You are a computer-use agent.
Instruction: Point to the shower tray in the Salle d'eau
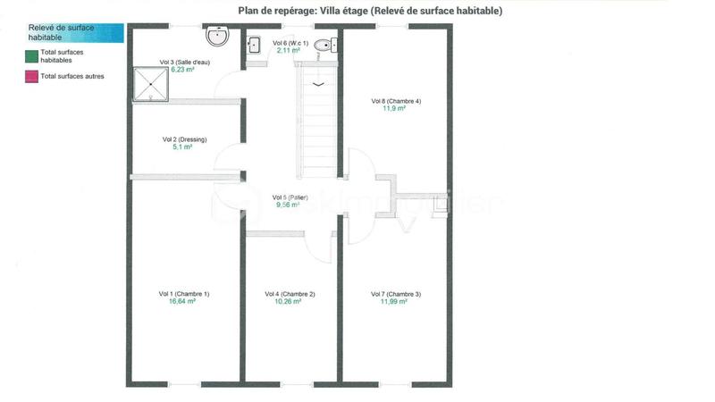[x=153, y=82]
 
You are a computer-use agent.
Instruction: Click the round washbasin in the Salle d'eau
[x=217, y=37]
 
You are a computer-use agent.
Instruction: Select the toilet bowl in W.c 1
[x=323, y=46]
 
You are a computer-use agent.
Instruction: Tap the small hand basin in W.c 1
[x=254, y=45]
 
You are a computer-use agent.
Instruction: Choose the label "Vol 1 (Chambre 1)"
[x=184, y=294]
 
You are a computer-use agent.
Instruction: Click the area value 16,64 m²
[x=182, y=302]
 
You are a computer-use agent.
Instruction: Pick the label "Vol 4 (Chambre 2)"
[x=290, y=294]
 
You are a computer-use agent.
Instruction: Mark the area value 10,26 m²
[x=289, y=302]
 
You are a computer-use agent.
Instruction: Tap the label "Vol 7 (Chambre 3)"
[x=395, y=294]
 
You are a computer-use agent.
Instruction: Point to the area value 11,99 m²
[x=394, y=302]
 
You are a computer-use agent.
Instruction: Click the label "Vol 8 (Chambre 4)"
[x=396, y=101]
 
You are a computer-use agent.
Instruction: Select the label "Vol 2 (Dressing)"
[x=185, y=139]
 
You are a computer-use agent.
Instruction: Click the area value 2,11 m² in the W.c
[x=288, y=51]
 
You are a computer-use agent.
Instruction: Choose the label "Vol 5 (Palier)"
[x=290, y=197]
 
